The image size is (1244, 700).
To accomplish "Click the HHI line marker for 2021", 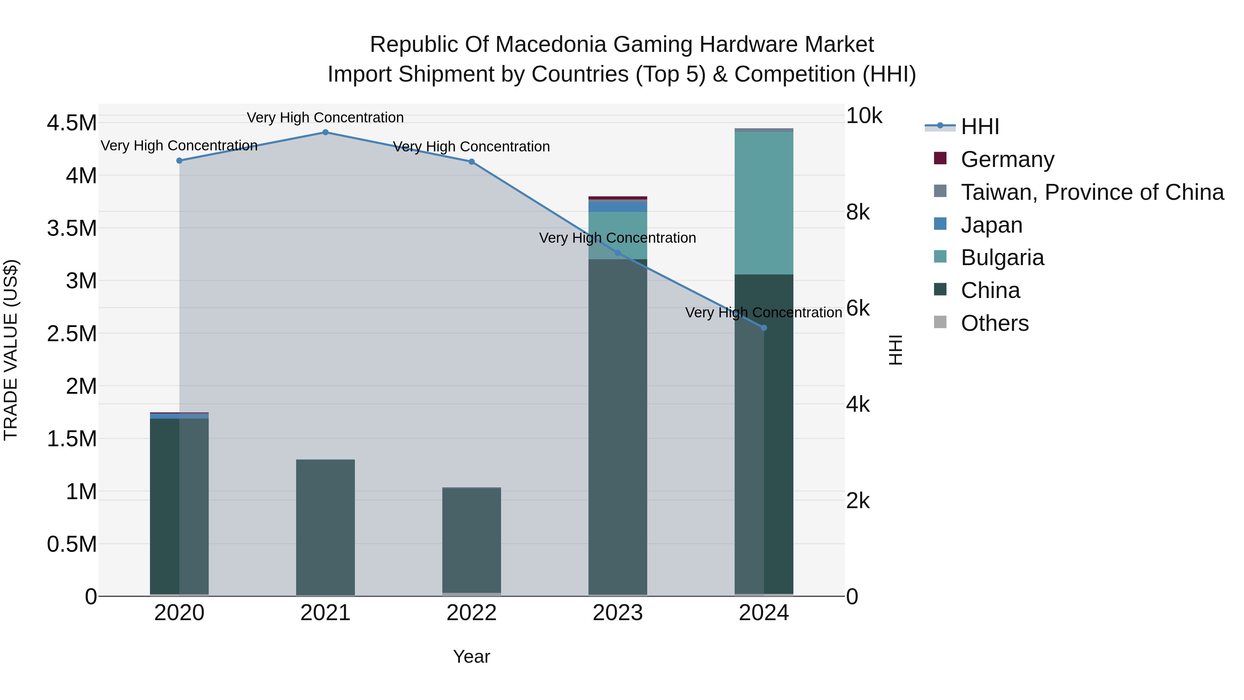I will [325, 132].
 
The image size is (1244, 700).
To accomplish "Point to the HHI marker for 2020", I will [179, 161].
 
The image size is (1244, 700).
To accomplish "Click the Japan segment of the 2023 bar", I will [617, 206].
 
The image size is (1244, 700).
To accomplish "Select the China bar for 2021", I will [325, 526].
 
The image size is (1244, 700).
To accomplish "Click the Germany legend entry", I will [1007, 159].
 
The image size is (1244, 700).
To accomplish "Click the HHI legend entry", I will [979, 127].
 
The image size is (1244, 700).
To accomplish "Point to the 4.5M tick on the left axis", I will [72, 123].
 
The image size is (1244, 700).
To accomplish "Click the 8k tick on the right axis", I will [858, 212].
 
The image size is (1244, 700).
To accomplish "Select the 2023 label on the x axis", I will [617, 613].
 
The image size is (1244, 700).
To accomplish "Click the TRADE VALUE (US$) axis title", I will [11, 350].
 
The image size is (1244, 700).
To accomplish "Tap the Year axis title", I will [471, 656].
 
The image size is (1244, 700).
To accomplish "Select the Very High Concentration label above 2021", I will [325, 118].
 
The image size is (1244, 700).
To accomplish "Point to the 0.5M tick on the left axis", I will [72, 544].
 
